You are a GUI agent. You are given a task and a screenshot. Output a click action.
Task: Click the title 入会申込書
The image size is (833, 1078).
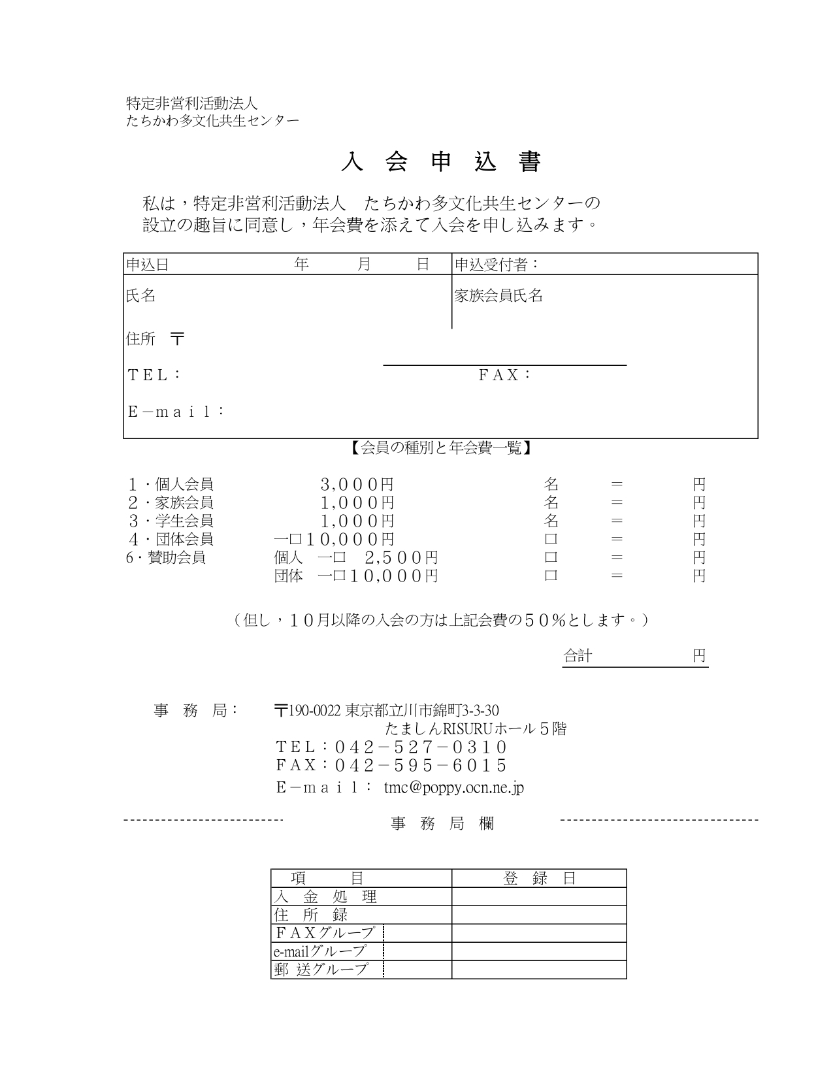coord(441,163)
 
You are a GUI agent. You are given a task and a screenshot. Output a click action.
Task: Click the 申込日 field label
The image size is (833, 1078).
coord(147,265)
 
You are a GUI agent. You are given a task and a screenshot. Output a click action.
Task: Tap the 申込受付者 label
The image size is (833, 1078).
coord(497,265)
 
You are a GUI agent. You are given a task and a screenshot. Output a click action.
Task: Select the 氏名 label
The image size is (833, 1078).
coord(140,296)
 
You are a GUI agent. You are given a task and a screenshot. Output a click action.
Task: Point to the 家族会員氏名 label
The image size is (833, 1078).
coord(498,296)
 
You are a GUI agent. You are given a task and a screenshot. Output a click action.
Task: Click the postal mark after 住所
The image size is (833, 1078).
coord(177,339)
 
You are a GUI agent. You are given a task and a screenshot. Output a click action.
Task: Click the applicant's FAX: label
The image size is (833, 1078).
coord(504,375)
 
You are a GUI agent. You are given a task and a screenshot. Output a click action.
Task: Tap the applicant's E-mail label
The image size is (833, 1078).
coord(176,412)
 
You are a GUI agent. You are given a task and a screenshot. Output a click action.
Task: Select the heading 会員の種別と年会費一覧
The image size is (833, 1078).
coord(441,449)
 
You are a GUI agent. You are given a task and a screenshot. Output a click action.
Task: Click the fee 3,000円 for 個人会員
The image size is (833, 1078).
coord(357,485)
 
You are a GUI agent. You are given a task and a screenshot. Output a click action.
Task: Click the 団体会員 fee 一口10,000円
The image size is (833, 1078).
coord(334,540)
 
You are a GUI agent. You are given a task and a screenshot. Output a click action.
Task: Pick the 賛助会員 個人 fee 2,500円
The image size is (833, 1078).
coord(400,558)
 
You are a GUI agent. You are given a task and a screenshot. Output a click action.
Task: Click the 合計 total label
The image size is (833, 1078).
coord(578,656)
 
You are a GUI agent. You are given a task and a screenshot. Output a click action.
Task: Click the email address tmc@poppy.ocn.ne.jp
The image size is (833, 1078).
coord(454,788)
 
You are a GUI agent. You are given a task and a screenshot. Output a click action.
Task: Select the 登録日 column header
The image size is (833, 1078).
coord(539,879)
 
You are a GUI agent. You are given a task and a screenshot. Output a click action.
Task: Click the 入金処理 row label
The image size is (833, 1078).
coord(325,897)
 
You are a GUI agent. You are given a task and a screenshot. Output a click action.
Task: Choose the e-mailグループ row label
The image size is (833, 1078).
coord(319,951)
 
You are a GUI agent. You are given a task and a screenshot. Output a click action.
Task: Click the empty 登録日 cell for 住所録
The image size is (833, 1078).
coord(539,915)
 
